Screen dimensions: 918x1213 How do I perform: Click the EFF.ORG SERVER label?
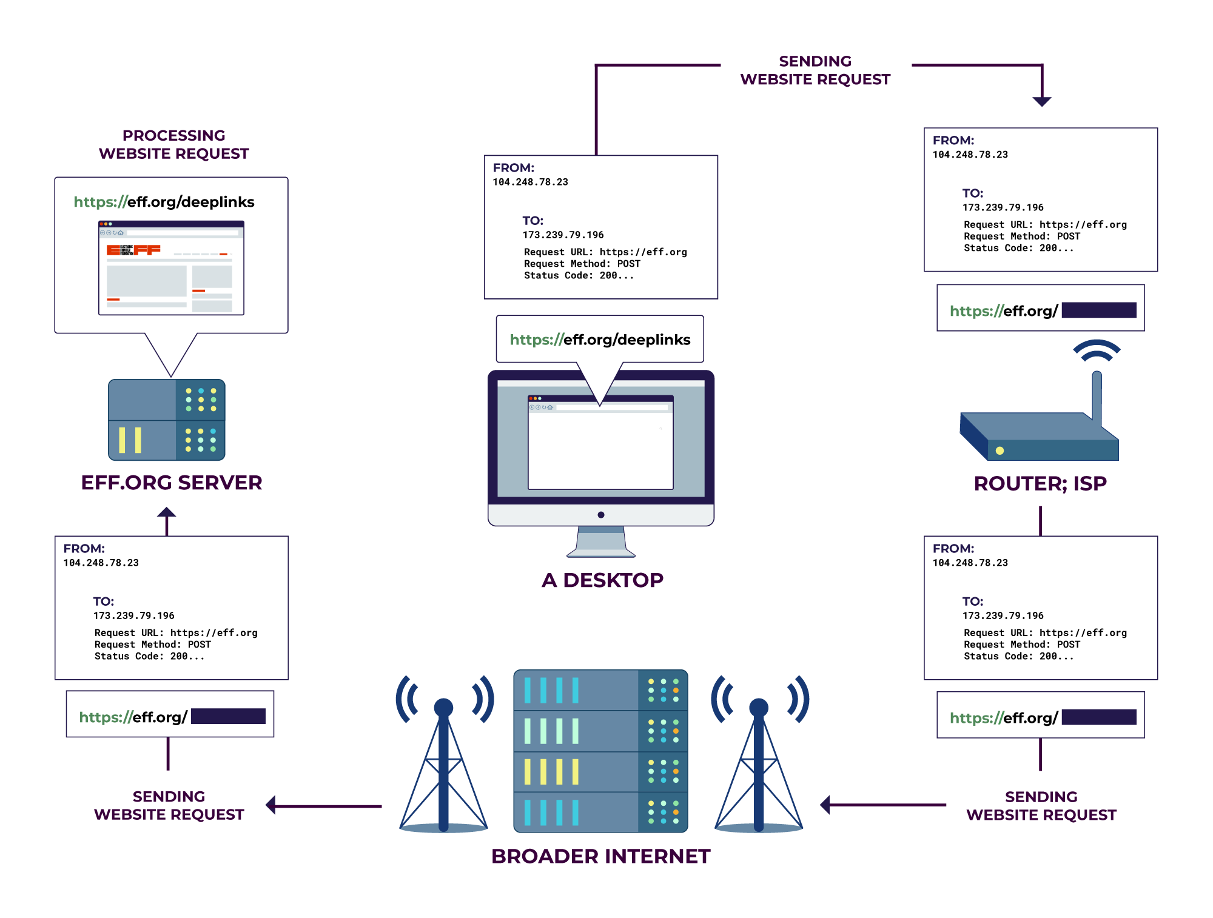pyautogui.click(x=172, y=483)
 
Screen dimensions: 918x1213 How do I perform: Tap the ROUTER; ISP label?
pyautogui.click(x=1040, y=483)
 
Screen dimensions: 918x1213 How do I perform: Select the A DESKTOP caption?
pyautogui.click(x=602, y=580)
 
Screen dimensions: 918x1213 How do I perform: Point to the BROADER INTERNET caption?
pyautogui.click(x=600, y=856)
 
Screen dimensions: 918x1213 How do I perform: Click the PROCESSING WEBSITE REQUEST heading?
pyautogui.click(x=174, y=144)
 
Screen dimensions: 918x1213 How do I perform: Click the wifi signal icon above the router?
pyautogui.click(x=1097, y=350)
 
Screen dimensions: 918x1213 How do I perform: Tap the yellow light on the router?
pyautogui.click(x=1000, y=451)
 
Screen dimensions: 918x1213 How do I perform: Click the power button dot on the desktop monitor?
pyautogui.click(x=600, y=515)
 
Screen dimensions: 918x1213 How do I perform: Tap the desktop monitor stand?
pyautogui.click(x=600, y=541)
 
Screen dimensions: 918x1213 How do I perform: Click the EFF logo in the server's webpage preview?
pyautogui.click(x=133, y=250)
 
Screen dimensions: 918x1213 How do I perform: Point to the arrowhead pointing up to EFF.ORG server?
pyautogui.click(x=167, y=513)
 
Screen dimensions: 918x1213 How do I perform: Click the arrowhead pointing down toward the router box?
pyautogui.click(x=1042, y=101)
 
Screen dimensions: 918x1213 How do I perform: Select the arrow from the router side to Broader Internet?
pyautogui.click(x=882, y=805)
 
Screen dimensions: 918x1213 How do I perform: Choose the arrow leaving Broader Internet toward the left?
pyautogui.click(x=324, y=806)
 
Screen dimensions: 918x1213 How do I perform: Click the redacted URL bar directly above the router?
pyautogui.click(x=1041, y=309)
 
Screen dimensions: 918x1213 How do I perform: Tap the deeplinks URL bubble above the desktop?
pyautogui.click(x=600, y=340)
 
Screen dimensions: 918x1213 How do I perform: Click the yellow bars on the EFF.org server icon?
pyautogui.click(x=130, y=440)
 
